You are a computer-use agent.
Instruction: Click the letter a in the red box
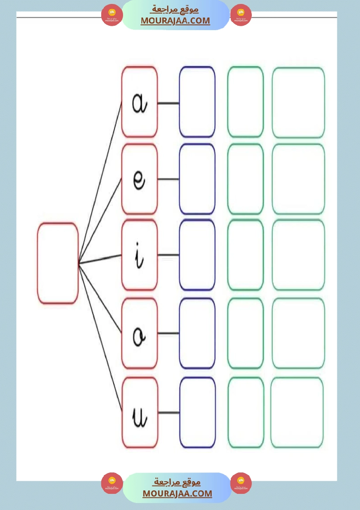pos(140,103)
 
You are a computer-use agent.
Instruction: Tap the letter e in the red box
pos(140,179)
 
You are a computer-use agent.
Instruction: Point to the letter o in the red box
pos(140,334)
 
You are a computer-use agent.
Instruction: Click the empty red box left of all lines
pos(58,263)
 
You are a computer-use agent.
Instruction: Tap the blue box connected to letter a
pos(197,102)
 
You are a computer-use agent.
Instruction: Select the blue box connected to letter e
pos(197,179)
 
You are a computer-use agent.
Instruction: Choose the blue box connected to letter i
pos(197,255)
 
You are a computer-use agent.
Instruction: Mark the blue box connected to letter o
pos(197,333)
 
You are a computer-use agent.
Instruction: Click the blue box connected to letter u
pos(197,412)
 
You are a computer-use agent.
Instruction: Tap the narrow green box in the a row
pos(246,102)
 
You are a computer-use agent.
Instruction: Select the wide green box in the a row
pos(298,102)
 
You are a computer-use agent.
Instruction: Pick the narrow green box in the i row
pos(246,255)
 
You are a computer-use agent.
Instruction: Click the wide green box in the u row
pos(297,412)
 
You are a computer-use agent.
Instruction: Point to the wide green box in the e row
pos(298,179)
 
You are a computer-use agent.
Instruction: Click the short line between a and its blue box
pos(168,103)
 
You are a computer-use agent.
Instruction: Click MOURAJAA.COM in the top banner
pos(175,21)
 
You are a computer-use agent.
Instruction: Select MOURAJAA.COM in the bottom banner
pos(177,493)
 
